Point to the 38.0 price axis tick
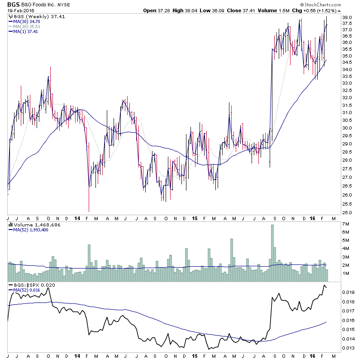pyautogui.click(x=348, y=18)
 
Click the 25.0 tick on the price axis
pyautogui.click(x=348, y=212)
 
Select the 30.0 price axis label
pyautogui.click(x=348, y=128)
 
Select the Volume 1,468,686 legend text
pyautogui.click(x=34, y=225)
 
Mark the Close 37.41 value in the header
pyautogui.click(x=261, y=10)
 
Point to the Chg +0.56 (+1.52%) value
pyautogui.click(x=328, y=10)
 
